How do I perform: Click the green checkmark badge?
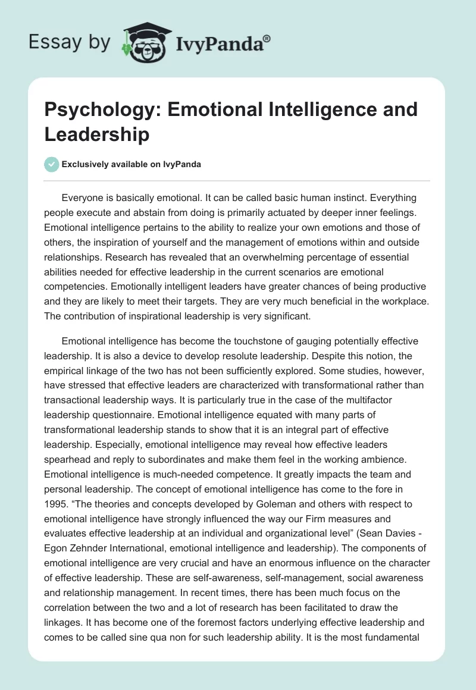(52, 164)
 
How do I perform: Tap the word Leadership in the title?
(97, 134)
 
